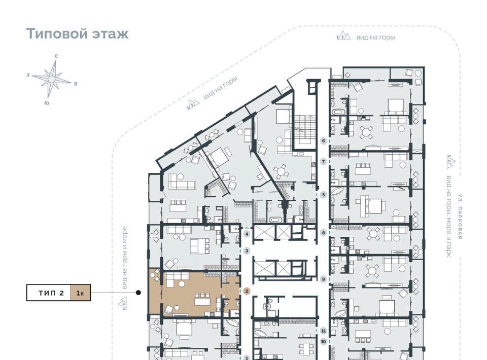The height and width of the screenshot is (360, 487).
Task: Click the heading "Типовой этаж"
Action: click(77, 33)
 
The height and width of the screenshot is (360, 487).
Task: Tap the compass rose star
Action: click(52, 79)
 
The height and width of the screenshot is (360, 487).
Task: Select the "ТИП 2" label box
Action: click(49, 293)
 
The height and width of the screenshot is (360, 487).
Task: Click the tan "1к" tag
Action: click(81, 293)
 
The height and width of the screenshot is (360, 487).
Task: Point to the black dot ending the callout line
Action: click(138, 293)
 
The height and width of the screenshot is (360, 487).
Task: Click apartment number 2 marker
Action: click(247, 291)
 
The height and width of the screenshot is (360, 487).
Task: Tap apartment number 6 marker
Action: click(324, 141)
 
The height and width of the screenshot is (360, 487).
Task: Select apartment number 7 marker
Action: click(324, 162)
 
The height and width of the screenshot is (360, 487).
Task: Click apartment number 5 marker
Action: click(323, 195)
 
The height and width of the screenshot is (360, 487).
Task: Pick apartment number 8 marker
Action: click(324, 232)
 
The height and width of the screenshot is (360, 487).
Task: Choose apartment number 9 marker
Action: click(324, 279)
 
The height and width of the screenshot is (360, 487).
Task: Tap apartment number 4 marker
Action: click(247, 234)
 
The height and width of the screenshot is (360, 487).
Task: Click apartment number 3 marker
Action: click(247, 251)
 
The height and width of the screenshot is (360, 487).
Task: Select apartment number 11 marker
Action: click(323, 331)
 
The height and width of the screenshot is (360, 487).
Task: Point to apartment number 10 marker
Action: click(323, 342)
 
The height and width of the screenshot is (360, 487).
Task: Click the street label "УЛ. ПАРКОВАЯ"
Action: click(460, 217)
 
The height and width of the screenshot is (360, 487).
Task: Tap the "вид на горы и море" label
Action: click(124, 258)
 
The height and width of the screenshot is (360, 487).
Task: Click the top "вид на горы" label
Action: click(375, 38)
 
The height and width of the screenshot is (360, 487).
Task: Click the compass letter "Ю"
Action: click(47, 103)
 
